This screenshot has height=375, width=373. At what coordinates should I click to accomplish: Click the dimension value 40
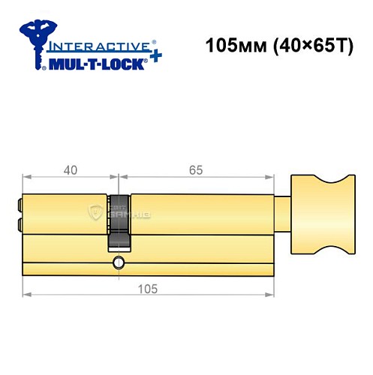tap(71, 170)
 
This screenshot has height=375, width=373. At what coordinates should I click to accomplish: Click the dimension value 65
tap(194, 170)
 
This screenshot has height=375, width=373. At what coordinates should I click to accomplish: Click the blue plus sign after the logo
tap(153, 57)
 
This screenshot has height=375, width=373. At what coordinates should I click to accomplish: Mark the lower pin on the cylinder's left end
tap(18, 224)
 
